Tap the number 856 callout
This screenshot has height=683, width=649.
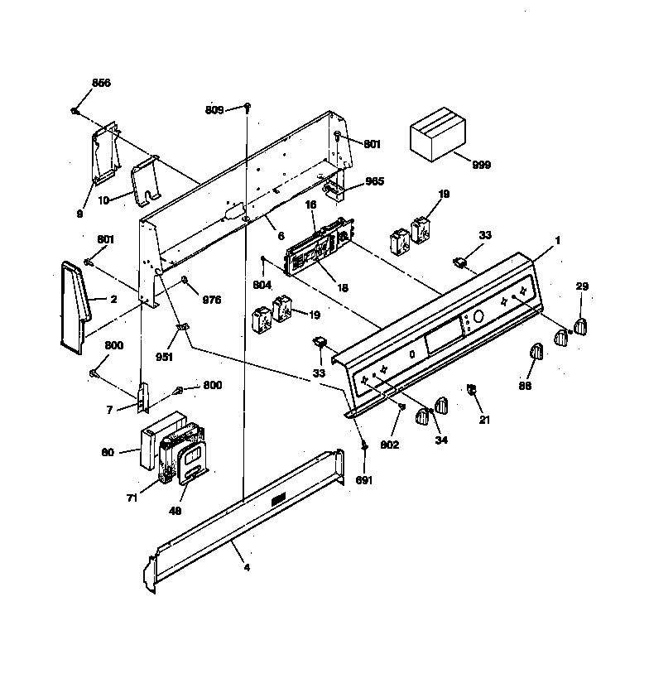pos(101,84)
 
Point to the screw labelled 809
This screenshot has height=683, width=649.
pos(248,108)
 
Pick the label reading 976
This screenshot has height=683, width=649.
pos(212,300)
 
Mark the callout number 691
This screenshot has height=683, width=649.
pos(363,479)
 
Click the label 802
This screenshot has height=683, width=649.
pos(390,445)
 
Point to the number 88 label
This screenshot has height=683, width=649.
pos(526,385)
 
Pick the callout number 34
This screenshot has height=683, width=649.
pos(441,440)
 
